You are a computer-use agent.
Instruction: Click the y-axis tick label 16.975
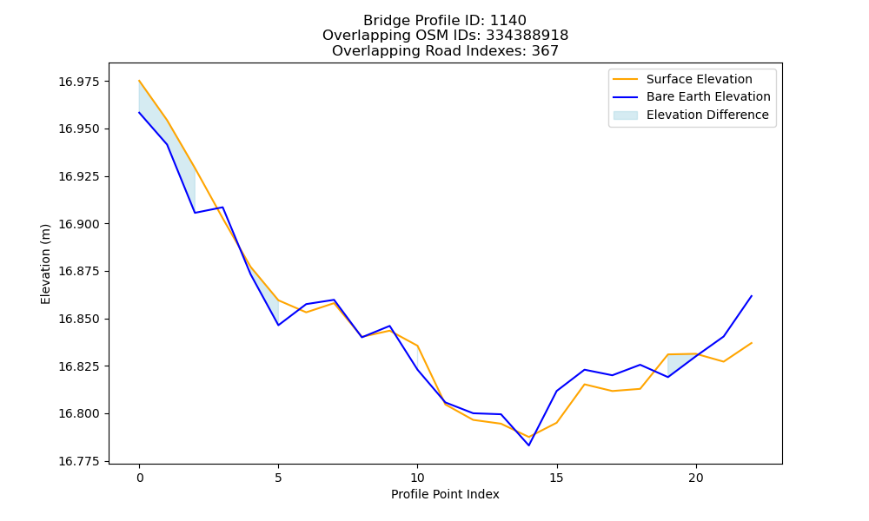point(79,82)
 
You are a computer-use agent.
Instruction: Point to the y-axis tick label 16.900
point(79,224)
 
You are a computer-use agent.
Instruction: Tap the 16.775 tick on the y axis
point(79,462)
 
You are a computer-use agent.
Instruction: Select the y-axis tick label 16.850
point(79,320)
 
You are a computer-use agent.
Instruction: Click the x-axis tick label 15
point(556,478)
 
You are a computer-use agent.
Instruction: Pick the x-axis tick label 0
point(139,478)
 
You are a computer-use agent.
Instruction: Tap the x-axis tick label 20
point(695,478)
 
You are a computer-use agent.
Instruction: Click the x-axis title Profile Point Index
point(445,494)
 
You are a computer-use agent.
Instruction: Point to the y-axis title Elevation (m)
point(45,264)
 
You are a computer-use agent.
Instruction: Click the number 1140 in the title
point(508,21)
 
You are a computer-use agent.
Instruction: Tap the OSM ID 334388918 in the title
point(527,36)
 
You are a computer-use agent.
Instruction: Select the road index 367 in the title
point(545,51)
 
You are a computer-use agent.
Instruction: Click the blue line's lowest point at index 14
point(528,445)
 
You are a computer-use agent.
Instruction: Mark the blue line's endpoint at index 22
point(752,296)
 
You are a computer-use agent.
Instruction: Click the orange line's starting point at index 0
point(139,81)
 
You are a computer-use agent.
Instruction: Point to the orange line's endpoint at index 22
point(752,343)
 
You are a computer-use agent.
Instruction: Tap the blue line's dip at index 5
point(278,325)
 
